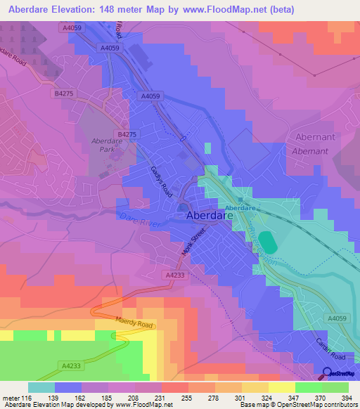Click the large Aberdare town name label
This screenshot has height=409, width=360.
[x=209, y=218]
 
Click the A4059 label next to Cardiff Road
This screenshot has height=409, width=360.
[x=337, y=318]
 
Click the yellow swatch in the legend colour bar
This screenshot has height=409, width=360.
[x=281, y=387]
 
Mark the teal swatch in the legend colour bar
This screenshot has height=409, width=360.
[x=41, y=387]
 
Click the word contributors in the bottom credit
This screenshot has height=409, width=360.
[x=336, y=405]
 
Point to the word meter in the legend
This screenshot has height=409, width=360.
[x=11, y=398]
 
